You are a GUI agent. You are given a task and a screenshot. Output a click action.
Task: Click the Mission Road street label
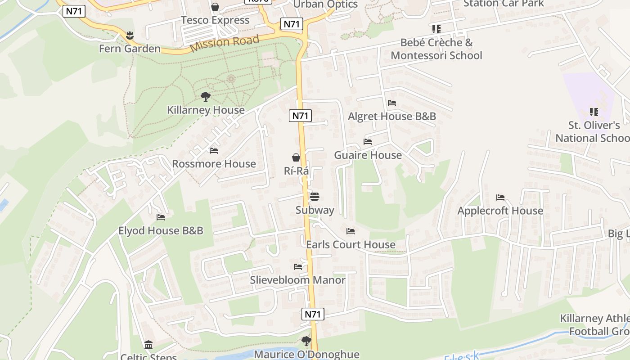[225, 44]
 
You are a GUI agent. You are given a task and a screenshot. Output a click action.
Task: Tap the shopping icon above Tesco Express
[215, 7]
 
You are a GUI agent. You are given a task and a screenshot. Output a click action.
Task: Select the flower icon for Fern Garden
[130, 35]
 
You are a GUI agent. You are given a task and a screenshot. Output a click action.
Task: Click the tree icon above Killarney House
[206, 96]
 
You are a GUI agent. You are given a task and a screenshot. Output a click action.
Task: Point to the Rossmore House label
[214, 164]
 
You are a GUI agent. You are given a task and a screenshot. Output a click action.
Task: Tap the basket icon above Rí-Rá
[296, 157]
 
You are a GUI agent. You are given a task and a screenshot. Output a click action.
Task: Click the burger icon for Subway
[315, 196]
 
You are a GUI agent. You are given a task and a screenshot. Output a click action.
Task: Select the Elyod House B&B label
[161, 231]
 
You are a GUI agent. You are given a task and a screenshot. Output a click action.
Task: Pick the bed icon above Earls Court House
[351, 231]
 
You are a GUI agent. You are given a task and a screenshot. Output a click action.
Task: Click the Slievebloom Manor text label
[298, 280]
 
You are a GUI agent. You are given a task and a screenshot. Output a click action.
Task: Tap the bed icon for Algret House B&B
[392, 103]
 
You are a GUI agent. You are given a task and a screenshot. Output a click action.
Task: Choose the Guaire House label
[368, 155]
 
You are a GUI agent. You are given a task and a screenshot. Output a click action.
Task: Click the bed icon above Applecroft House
[500, 197]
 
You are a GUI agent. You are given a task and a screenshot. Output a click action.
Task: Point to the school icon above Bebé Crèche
[436, 29]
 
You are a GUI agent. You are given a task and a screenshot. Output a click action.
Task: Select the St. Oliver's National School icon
[594, 112]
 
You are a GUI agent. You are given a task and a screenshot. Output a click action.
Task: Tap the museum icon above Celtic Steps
[148, 345]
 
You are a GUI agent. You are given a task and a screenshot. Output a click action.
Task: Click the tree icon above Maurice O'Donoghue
[306, 341]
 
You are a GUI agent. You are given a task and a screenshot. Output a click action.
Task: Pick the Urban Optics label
[325, 4]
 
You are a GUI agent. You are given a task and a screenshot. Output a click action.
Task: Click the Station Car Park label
[504, 4]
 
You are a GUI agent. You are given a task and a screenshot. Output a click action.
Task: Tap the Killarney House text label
[206, 110]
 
